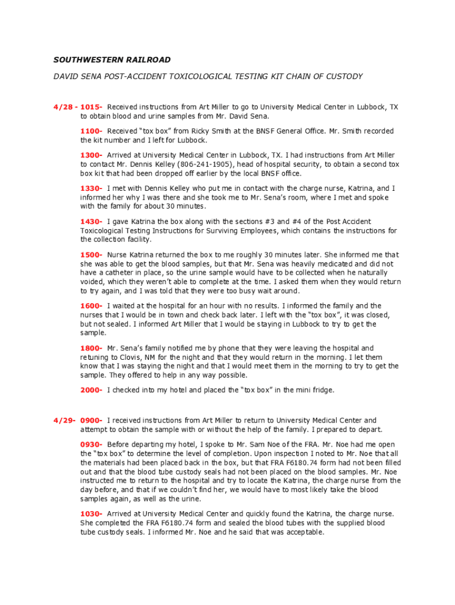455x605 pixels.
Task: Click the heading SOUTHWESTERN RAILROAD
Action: coord(112,60)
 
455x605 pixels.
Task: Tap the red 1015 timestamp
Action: coord(91,107)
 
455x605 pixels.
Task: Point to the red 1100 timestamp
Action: coord(91,131)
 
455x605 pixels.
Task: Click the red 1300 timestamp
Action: coord(91,155)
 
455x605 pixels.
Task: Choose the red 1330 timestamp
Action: coord(91,188)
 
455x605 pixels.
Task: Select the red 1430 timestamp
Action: coord(91,222)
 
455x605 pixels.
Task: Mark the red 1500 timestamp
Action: coord(91,255)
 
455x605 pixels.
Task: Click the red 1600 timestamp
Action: coord(91,305)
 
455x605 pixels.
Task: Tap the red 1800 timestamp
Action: coord(91,348)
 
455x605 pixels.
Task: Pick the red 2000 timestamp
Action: coord(91,390)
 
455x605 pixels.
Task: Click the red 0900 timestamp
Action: coord(91,420)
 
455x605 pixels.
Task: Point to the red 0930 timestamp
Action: coord(91,444)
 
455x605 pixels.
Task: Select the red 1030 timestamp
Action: coord(91,513)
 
